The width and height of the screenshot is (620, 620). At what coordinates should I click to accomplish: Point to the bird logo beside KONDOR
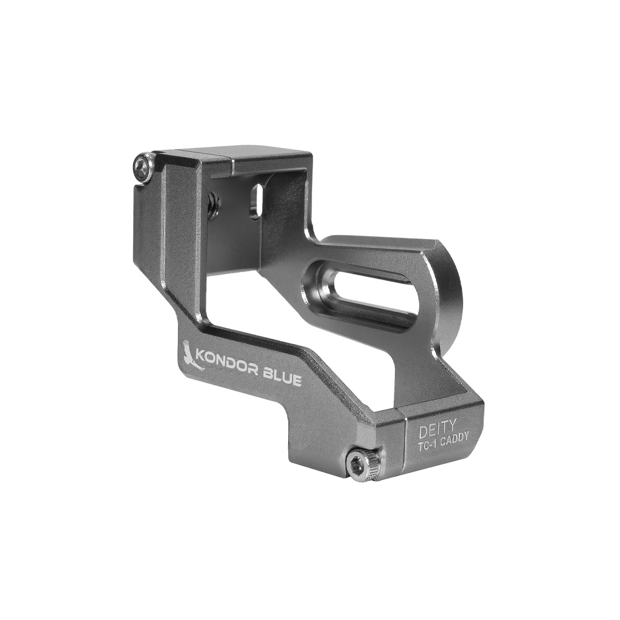click(x=190, y=356)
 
